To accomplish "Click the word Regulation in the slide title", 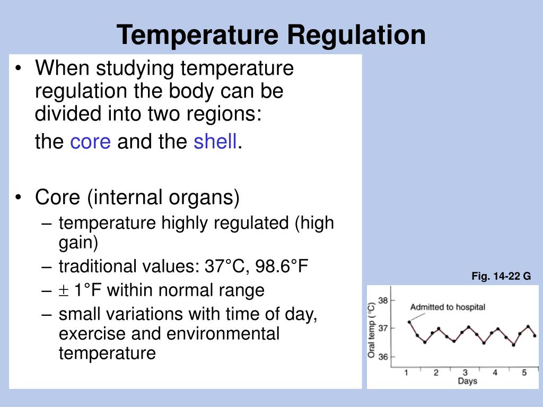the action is (x=357, y=36).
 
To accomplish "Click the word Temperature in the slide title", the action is (x=198, y=36).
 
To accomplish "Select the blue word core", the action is (x=90, y=142).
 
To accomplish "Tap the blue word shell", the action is (x=215, y=141).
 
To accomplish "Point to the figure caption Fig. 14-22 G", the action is (x=501, y=276).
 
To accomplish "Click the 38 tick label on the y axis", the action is (x=383, y=300).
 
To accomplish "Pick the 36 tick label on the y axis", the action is (x=383, y=357).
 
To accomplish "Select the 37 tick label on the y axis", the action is (x=383, y=328).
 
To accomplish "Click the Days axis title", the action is (x=468, y=382).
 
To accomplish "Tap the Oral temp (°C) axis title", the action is (x=372, y=330).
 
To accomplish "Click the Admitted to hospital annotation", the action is (x=448, y=307).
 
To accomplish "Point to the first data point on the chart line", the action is (x=409, y=322).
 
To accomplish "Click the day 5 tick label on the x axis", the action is (x=524, y=373).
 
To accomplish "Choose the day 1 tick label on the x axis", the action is (x=406, y=373).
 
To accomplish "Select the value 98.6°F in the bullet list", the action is (x=282, y=266).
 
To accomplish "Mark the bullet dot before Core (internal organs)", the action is (x=19, y=197).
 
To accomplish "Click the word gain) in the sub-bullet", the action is (x=78, y=243).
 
